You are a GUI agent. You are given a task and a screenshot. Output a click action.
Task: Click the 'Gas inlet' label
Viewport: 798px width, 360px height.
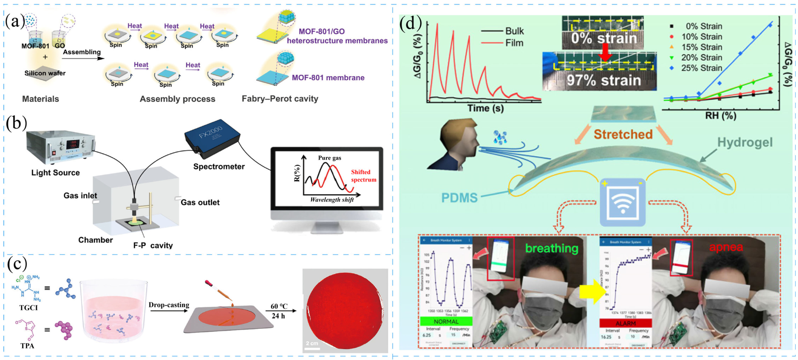pyautogui.click(x=80, y=195)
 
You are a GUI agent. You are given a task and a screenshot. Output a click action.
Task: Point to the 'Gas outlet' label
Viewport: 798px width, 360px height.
pyautogui.click(x=200, y=202)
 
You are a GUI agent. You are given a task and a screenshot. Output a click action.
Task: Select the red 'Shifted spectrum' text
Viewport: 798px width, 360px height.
pyautogui.click(x=363, y=176)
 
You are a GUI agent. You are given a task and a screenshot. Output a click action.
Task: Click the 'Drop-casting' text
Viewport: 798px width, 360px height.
pyautogui.click(x=169, y=305)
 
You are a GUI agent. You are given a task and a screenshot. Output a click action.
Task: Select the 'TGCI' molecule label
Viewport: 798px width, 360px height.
pyautogui.click(x=28, y=308)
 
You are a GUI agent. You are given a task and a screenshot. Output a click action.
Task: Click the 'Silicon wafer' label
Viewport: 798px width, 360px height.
pyautogui.click(x=45, y=73)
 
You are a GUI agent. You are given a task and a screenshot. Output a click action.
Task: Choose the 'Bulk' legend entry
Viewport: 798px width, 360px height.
pyautogui.click(x=514, y=31)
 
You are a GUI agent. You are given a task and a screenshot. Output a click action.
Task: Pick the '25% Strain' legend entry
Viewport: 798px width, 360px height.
pyautogui.click(x=701, y=68)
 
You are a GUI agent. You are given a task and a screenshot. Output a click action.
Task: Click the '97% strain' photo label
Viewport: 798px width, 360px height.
pyautogui.click(x=603, y=80)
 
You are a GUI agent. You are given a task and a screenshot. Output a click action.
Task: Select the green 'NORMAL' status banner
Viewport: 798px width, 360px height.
pyautogui.click(x=446, y=321)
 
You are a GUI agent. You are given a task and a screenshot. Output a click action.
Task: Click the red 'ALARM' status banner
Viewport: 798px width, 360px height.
pyautogui.click(x=625, y=323)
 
